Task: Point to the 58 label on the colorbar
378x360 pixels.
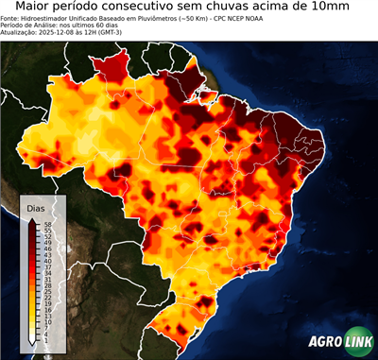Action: pyautogui.click(x=46, y=224)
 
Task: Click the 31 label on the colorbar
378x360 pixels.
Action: pyautogui.click(x=46, y=280)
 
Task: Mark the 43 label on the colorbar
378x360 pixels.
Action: pyautogui.click(x=46, y=255)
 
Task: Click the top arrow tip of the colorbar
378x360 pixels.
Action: pyautogui.click(x=32, y=218)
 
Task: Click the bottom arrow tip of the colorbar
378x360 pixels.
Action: pyautogui.click(x=32, y=342)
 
